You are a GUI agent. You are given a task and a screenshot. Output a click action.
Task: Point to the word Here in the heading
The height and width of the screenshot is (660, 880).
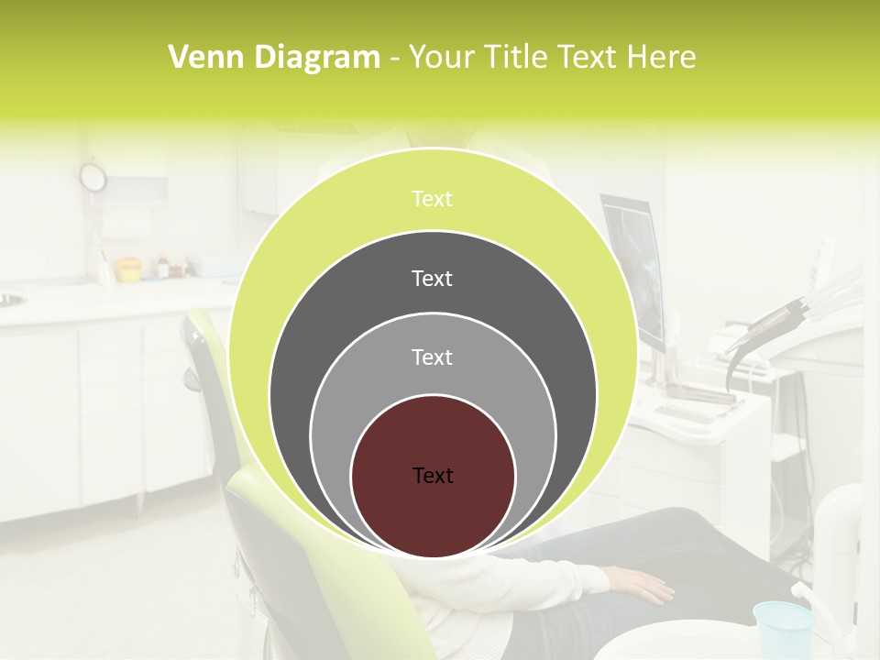pos(661,58)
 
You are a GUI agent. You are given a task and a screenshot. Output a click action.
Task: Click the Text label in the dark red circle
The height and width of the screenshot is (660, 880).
pos(433,476)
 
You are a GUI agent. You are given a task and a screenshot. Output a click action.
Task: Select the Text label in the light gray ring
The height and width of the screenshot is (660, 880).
pos(433,357)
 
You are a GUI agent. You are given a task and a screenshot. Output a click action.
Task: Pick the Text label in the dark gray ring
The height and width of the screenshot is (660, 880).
pos(433,278)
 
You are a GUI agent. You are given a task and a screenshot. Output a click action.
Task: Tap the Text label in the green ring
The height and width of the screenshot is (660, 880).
pos(433,199)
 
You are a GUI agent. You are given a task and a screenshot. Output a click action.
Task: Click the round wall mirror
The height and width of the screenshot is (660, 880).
pos(93,177)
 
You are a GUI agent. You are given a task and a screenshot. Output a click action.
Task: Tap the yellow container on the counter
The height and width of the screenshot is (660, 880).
pos(127,269)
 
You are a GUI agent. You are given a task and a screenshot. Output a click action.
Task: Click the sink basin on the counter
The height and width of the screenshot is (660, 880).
pos(9,299)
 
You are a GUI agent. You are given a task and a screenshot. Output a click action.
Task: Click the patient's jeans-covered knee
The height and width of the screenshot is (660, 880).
pos(697,532)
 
